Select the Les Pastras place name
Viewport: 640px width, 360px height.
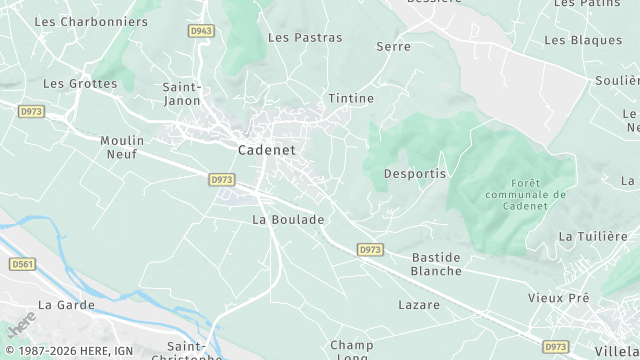click(x=305, y=38)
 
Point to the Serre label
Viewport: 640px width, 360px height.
click(x=393, y=47)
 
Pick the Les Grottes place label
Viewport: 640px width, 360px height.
click(x=80, y=84)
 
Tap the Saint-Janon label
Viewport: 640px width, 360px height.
click(x=182, y=93)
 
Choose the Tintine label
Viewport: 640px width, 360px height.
click(x=351, y=98)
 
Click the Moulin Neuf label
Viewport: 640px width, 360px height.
click(x=123, y=147)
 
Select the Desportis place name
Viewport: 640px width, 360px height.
click(x=415, y=174)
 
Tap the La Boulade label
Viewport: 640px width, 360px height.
click(x=288, y=219)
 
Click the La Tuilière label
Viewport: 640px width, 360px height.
click(x=592, y=237)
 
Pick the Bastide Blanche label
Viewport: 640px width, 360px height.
click(x=437, y=264)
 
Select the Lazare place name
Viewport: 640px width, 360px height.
click(x=419, y=304)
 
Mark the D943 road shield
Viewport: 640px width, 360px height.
click(x=201, y=31)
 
